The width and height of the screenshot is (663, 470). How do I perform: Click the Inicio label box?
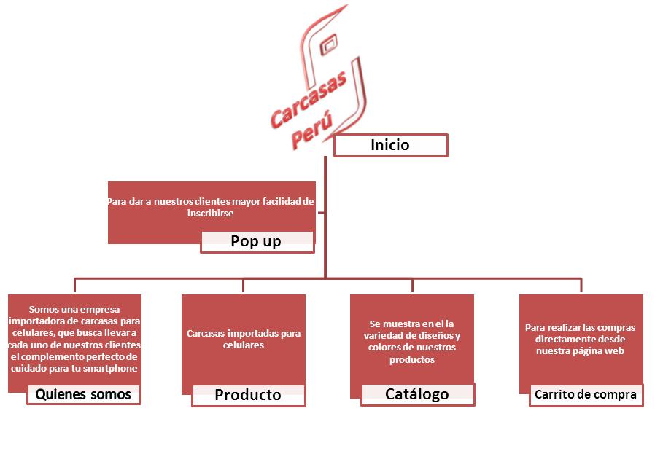tap(391, 145)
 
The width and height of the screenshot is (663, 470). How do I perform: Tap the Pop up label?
tap(257, 241)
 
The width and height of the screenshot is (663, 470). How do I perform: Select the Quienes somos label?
tap(84, 394)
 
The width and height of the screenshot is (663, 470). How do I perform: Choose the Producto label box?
tap(249, 395)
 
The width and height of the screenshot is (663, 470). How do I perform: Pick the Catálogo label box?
tap(418, 394)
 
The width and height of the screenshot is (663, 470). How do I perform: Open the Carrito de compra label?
tap(586, 395)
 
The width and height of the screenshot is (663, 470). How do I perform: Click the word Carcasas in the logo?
tap(309, 99)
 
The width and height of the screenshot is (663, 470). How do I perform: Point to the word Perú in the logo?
tap(312, 131)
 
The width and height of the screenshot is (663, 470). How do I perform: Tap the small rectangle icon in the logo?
tap(329, 44)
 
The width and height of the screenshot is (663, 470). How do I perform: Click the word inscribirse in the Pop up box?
tap(210, 214)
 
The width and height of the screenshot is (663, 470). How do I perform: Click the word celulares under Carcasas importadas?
tap(244, 345)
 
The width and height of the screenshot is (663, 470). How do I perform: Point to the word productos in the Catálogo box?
tap(412, 360)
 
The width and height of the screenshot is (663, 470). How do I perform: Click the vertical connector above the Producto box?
tap(243, 285)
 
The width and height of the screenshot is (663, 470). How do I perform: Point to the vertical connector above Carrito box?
tap(581, 285)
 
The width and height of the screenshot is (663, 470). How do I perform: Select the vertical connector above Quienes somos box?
tap(75, 285)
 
